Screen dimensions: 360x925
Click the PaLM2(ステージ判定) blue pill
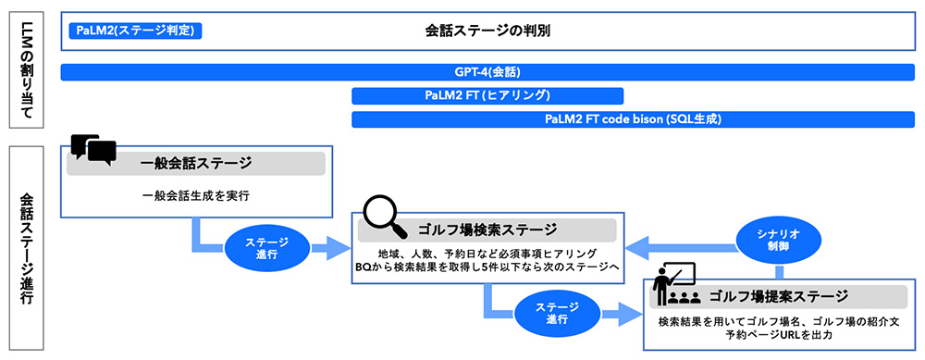135,31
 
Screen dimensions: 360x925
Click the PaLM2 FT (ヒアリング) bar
487,95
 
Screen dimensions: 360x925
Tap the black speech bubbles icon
93,150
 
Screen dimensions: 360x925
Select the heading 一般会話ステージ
195,164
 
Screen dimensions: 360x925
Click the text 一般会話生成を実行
195,195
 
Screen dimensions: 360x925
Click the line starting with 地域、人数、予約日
487,254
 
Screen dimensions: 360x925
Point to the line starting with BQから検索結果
487,267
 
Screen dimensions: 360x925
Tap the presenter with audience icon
673,286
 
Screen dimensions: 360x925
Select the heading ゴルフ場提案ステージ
778,297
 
